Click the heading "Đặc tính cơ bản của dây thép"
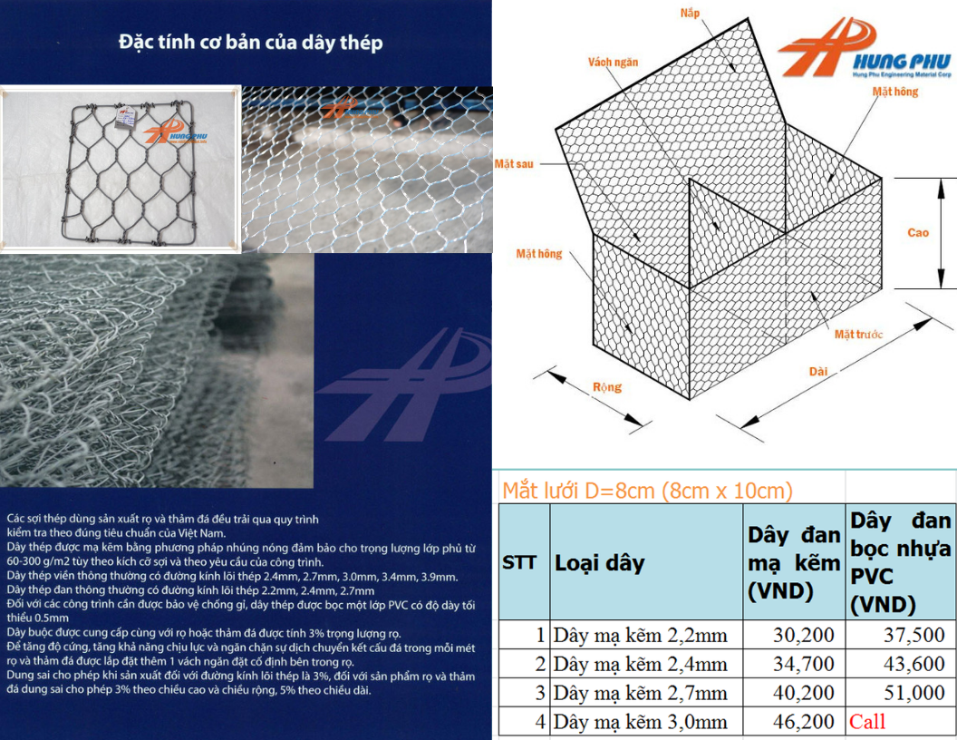(x=251, y=42)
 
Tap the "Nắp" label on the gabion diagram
(x=690, y=13)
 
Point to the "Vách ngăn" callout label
(x=613, y=62)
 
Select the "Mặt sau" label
(x=514, y=163)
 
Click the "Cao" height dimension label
(x=918, y=233)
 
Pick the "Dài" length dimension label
(x=818, y=371)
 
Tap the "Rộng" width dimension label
(x=606, y=387)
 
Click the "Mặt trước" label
(x=858, y=334)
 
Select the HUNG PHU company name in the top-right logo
(x=902, y=61)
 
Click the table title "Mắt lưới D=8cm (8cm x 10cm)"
(x=648, y=491)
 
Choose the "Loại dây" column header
(x=599, y=563)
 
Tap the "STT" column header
(x=519, y=562)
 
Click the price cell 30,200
(x=803, y=635)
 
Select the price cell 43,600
(x=913, y=664)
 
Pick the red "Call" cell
(x=866, y=722)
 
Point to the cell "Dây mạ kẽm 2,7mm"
(x=640, y=693)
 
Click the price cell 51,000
(x=913, y=693)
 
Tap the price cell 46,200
(x=803, y=722)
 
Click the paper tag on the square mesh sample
(x=126, y=117)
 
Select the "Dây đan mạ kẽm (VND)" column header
(x=794, y=563)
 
